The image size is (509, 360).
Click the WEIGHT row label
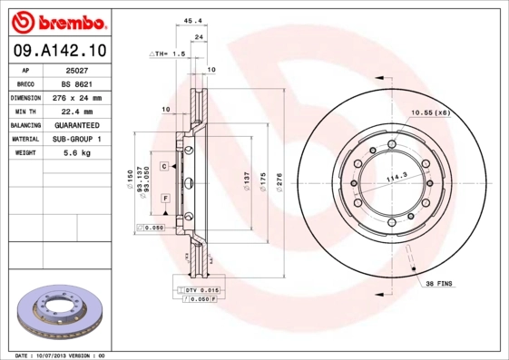tap(26, 153)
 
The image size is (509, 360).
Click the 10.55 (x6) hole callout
tap(430, 112)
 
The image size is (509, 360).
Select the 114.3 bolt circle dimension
tap(396, 179)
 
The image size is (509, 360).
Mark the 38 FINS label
tap(440, 284)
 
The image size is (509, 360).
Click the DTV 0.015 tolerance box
tap(201, 288)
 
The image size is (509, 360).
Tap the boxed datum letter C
tap(165, 167)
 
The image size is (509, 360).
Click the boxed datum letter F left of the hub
tap(165, 198)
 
